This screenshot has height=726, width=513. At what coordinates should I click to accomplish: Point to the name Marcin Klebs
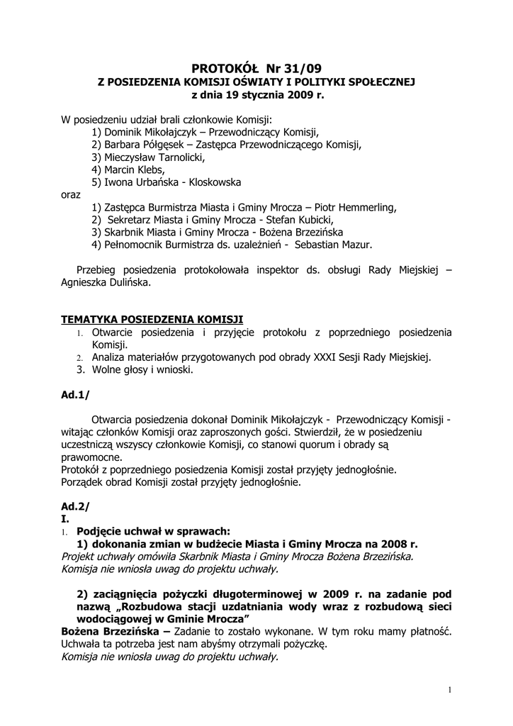coord(135,170)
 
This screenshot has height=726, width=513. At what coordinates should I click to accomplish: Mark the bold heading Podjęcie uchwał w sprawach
coord(153,531)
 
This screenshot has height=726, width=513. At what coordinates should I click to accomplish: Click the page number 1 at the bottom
coord(450,690)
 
